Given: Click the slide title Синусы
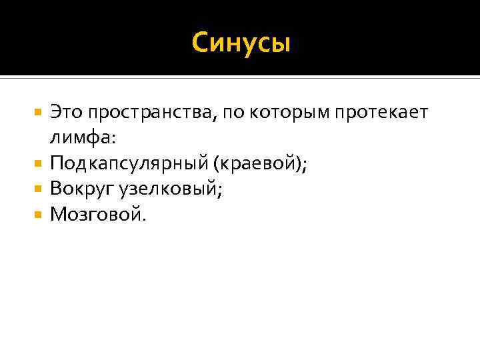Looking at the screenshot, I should pos(241,43).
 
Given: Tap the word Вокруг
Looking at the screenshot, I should pos(82,189).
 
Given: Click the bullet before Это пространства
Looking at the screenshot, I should pos(39,113).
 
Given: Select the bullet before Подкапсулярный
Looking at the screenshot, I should pos(39,164).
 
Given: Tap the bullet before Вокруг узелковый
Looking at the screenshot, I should pos(39,189).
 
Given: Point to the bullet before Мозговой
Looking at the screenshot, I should pos(39,215).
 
